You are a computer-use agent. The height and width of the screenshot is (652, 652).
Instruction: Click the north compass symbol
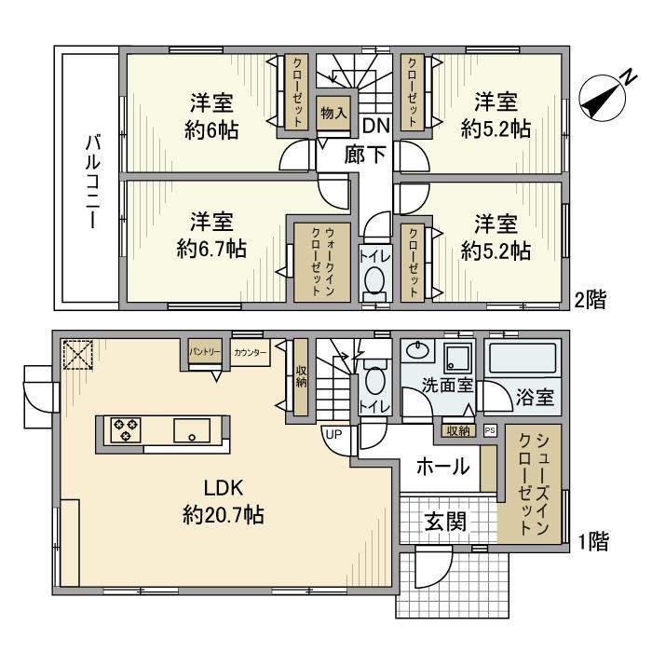[603, 98]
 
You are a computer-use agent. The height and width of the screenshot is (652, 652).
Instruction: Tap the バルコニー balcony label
[93, 181]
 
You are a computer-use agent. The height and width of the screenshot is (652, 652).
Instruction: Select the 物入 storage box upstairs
[333, 113]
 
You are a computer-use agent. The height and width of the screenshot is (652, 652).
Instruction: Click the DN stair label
[376, 126]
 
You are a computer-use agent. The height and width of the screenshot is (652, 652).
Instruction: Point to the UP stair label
[333, 435]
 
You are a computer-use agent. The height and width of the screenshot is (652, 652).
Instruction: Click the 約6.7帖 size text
[211, 249]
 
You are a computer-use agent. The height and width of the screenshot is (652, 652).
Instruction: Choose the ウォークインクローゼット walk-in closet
[322, 263]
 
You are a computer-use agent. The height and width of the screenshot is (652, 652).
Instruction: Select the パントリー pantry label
[205, 352]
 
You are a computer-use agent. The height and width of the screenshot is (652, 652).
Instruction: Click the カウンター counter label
[250, 353]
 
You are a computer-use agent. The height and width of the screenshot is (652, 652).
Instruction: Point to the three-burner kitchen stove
[126, 430]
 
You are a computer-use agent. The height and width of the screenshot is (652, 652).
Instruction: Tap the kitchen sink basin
[192, 430]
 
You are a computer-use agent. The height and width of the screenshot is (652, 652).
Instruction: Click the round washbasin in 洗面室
[417, 349]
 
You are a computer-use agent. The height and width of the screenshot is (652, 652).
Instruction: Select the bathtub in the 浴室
[523, 358]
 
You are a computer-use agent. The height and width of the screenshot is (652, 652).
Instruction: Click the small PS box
[490, 430]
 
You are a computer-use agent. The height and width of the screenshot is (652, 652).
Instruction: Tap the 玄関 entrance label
[445, 522]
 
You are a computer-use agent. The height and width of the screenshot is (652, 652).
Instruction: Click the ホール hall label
[442, 466]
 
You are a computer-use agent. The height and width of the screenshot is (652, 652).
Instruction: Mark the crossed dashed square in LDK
[77, 355]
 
